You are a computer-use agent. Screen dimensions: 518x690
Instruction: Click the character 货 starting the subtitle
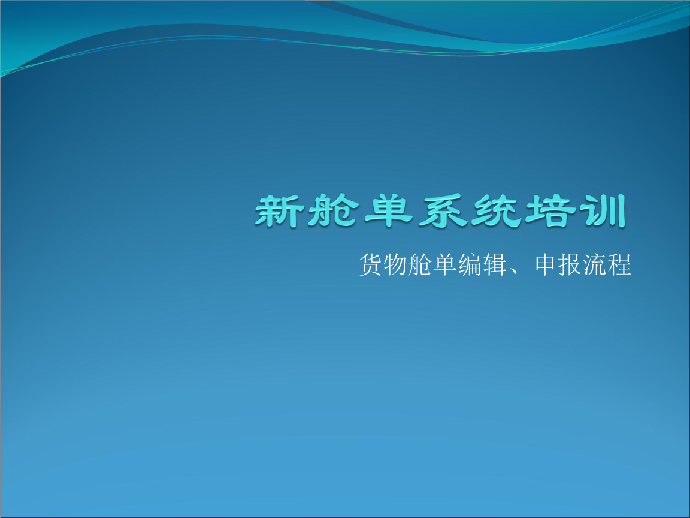tap(370, 265)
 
